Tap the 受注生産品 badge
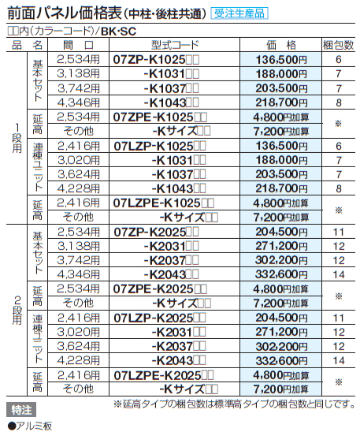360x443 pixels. [x=239, y=14]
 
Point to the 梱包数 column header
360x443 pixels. [x=338, y=47]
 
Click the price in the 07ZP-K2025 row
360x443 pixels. [x=280, y=232]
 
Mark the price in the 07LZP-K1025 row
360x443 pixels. [x=280, y=145]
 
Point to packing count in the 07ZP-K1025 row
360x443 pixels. [x=338, y=60]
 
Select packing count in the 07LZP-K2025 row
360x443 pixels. [x=338, y=317]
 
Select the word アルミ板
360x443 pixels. [x=34, y=426]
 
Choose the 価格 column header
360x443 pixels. [x=280, y=47]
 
